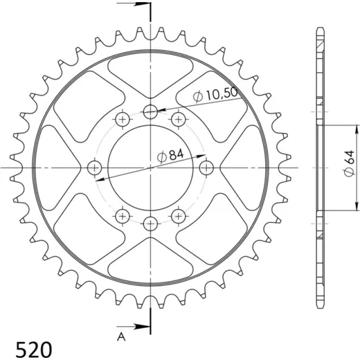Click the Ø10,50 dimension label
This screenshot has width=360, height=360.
(x=215, y=95)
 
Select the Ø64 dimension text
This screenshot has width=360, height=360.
(x=349, y=163)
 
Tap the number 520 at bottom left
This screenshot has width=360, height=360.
(x=34, y=350)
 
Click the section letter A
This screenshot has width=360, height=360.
(x=121, y=337)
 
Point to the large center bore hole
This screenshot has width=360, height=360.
(x=150, y=168)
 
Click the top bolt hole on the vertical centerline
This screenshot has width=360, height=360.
(x=150, y=112)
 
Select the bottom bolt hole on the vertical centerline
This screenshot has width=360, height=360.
(x=150, y=224)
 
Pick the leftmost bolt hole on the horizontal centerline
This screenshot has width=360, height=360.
(x=95, y=168)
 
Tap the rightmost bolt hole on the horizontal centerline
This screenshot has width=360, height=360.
(x=206, y=168)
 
